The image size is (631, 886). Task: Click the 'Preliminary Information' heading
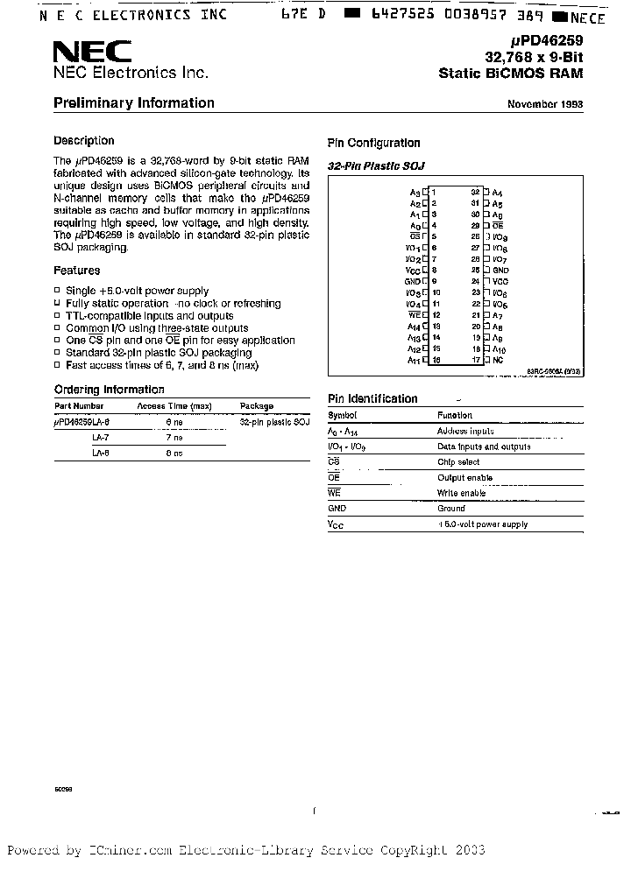134,103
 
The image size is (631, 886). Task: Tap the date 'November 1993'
545,104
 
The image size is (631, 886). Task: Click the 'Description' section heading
84,141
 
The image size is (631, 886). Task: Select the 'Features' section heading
77,271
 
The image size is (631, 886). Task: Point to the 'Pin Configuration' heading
374,144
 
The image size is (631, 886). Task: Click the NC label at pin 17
497,360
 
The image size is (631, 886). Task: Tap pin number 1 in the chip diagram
433,191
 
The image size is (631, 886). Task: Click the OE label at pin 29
497,225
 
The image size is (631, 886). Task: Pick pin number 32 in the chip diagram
475,191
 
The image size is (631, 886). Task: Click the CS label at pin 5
415,236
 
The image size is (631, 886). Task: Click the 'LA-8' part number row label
101,454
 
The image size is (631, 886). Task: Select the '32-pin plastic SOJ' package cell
274,422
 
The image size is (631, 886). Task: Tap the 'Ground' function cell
451,508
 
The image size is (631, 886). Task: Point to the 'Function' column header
455,416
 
